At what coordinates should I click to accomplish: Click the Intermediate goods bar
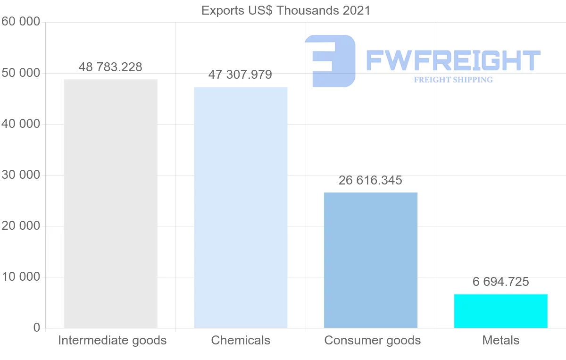pos(110,203)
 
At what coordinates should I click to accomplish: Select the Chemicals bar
pos(241,207)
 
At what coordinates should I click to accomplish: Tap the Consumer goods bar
pos(371,260)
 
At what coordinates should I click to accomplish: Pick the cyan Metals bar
pos(501,311)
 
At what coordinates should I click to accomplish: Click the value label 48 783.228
pos(110,67)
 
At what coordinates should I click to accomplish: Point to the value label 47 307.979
pos(240,75)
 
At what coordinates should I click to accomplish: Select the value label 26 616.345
pos(370,180)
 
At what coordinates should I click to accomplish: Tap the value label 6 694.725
pos(501,282)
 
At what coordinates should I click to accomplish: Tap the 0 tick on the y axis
pos(37,328)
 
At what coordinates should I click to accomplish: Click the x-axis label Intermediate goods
pos(112,340)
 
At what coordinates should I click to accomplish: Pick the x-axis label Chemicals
pos(241,340)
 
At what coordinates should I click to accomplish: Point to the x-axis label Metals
pos(501,340)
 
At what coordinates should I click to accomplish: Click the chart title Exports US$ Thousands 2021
pos(286,10)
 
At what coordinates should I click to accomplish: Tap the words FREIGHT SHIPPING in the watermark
pos(453,80)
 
